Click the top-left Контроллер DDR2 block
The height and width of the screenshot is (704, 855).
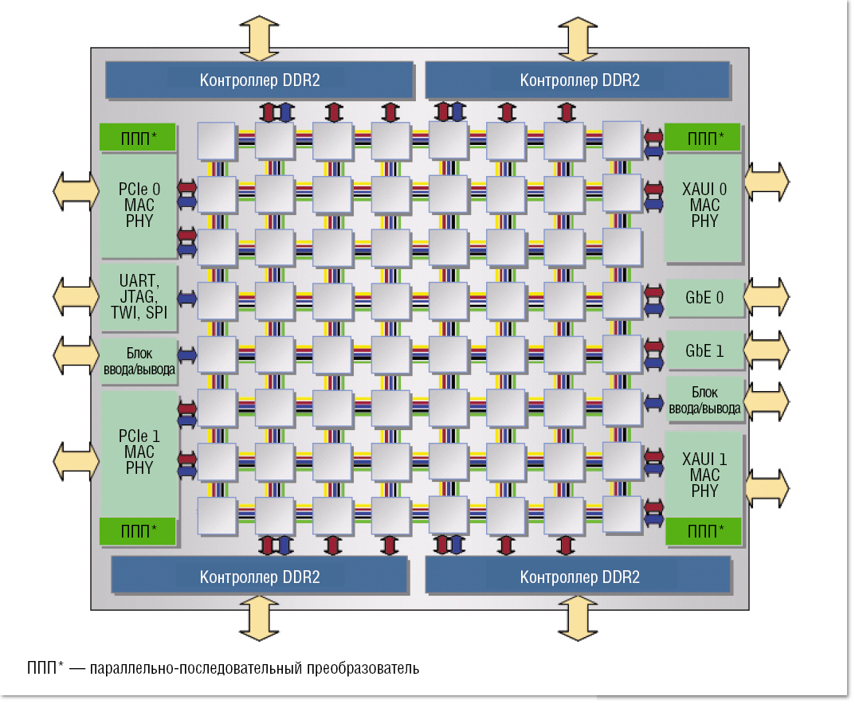[x=260, y=80]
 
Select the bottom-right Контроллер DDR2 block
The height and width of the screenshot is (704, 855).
[x=578, y=576]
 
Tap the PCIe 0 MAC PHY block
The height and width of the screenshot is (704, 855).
[x=139, y=205]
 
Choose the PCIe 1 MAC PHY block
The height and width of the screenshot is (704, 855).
[x=139, y=452]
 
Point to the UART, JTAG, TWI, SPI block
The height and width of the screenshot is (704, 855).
[x=139, y=295]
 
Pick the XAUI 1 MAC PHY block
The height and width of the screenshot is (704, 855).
[x=704, y=475]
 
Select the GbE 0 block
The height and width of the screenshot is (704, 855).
[x=704, y=298]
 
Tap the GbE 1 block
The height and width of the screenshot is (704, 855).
[x=704, y=350]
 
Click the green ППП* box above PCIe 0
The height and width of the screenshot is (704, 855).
[x=139, y=138]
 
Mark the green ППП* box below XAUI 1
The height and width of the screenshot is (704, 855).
[x=704, y=530]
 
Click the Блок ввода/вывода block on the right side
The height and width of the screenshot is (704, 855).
[x=704, y=401]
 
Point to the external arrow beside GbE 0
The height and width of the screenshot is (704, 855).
[x=767, y=297]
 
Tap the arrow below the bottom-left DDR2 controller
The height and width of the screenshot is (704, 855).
[x=260, y=617]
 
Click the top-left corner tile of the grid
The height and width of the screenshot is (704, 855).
[x=217, y=142]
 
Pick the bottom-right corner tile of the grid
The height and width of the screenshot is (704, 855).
[x=622, y=516]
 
